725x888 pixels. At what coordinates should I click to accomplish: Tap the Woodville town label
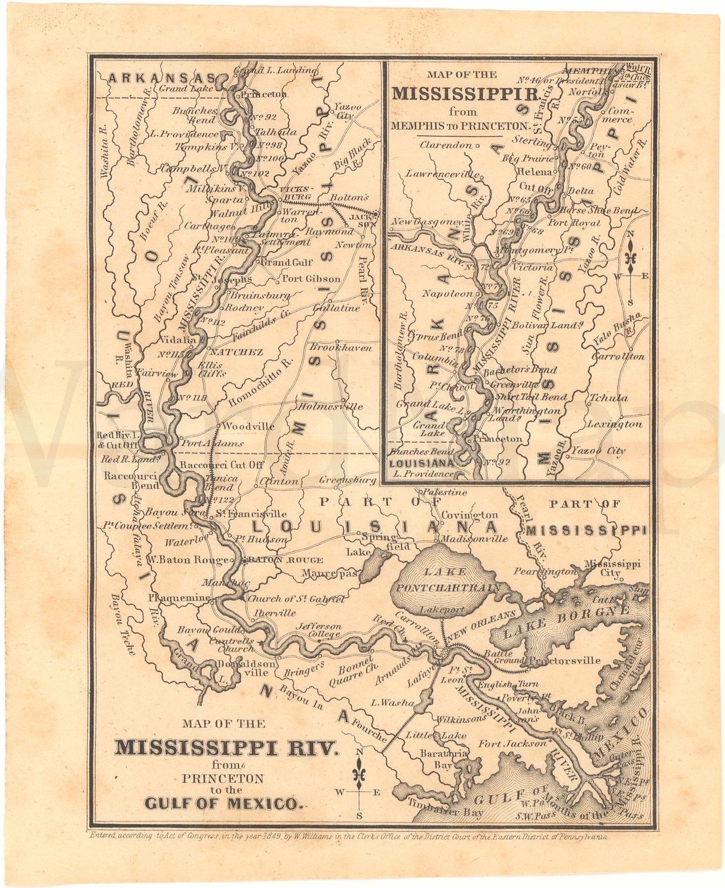pos(248,426)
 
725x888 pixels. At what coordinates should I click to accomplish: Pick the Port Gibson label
pos(311,279)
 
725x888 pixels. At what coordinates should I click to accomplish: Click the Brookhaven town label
pos(341,348)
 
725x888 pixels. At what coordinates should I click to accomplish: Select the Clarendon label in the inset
pos(446,145)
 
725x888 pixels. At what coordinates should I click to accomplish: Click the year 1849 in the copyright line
pos(270,837)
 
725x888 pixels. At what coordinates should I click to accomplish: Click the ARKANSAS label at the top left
pos(162,78)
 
